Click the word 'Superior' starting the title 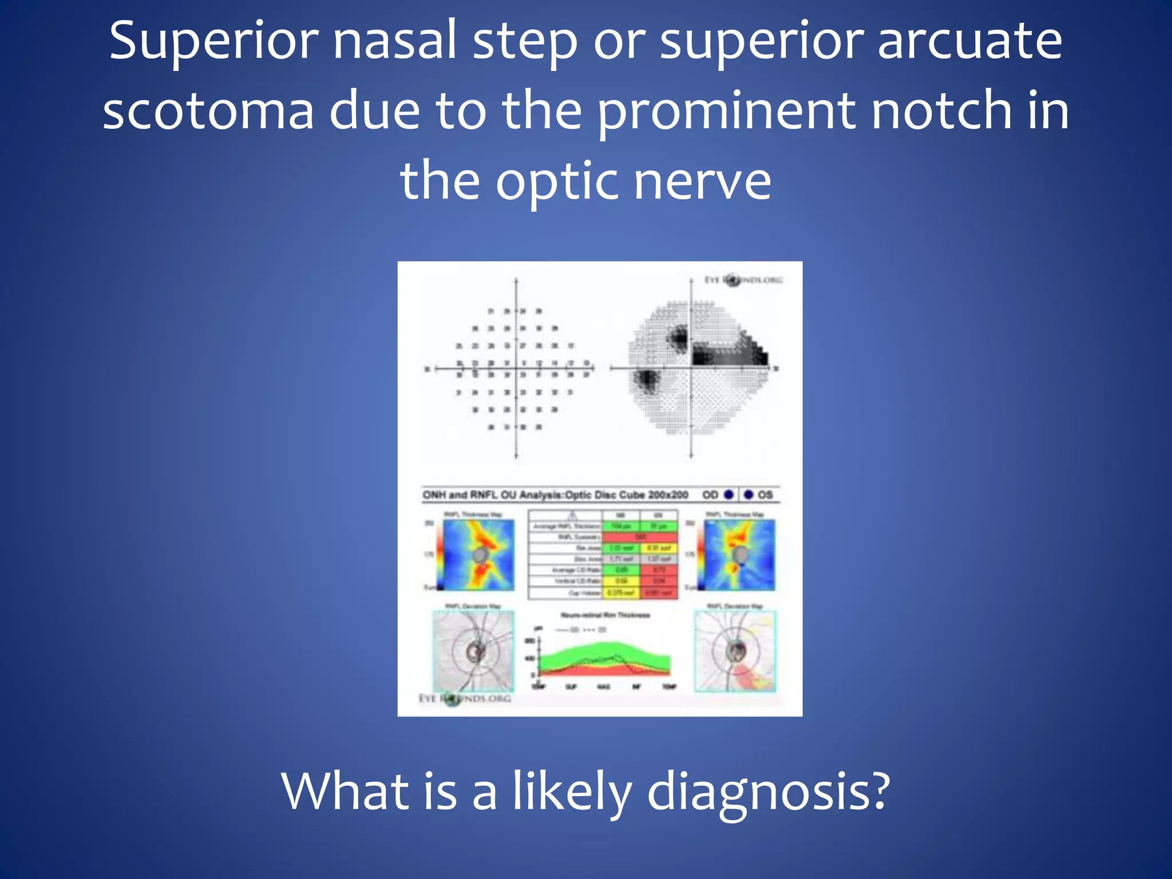(x=213, y=41)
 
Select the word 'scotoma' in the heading (x=208, y=111)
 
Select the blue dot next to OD (x=728, y=494)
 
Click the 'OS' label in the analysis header (x=765, y=494)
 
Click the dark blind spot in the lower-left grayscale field (x=647, y=380)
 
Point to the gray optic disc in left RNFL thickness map (x=481, y=555)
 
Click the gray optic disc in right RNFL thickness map (x=740, y=554)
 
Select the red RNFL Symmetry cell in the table (x=640, y=537)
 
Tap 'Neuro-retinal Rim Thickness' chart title (x=605, y=615)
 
